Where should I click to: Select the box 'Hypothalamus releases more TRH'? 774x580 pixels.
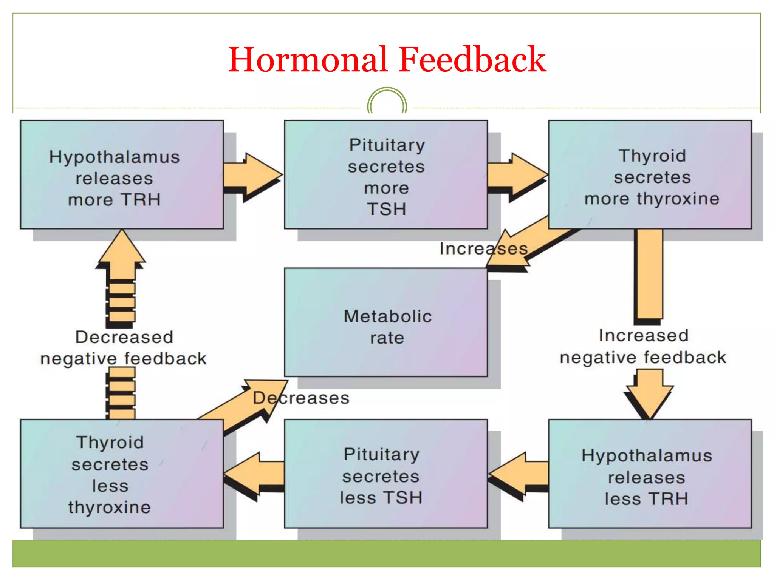click(x=122, y=174)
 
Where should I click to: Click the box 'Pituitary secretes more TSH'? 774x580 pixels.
click(x=386, y=174)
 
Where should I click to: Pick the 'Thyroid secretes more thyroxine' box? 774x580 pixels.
click(x=650, y=174)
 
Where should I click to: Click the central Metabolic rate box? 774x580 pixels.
click(x=386, y=322)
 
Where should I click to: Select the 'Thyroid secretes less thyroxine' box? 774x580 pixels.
click(x=122, y=474)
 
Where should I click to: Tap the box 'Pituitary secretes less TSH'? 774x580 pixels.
click(x=386, y=474)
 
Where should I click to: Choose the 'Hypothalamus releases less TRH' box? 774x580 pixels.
click(x=650, y=474)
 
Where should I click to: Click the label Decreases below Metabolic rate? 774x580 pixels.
click(x=301, y=398)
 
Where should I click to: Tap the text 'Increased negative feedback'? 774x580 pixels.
click(x=643, y=346)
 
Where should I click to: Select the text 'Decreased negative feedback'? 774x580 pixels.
click(x=124, y=347)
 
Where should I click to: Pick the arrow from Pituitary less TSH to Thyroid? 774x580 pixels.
click(x=255, y=474)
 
